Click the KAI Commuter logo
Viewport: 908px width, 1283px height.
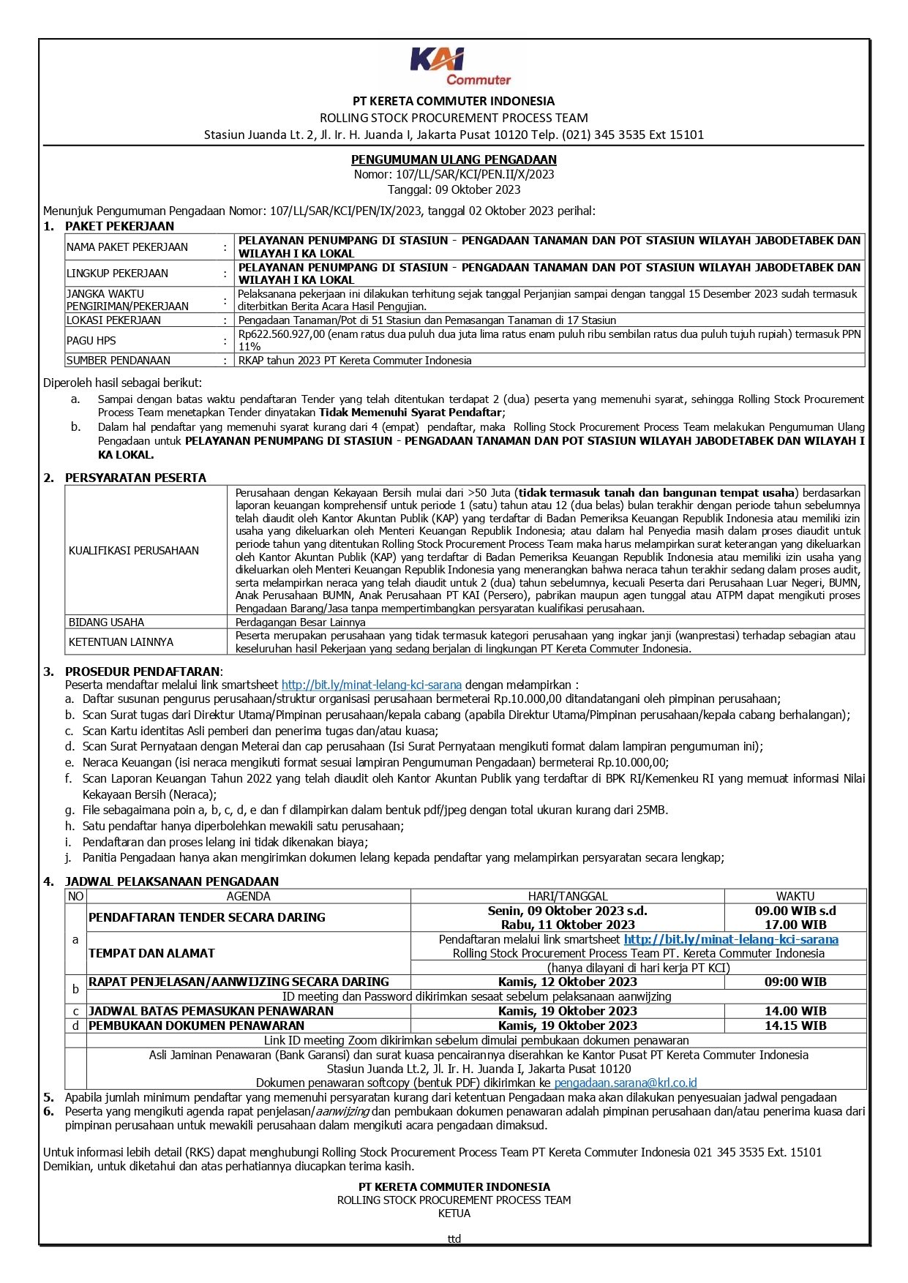[459, 67]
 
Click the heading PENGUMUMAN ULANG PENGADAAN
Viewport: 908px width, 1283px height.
[454, 159]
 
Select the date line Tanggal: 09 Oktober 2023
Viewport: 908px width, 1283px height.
[454, 189]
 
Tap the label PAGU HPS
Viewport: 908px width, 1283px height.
[91, 340]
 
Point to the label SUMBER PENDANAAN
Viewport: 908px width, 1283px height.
[119, 361]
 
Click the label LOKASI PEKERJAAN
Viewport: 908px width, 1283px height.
[113, 320]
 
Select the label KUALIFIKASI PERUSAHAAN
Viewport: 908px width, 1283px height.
[134, 551]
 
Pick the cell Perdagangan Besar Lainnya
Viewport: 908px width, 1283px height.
[300, 622]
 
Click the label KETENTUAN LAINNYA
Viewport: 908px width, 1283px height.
[121, 642]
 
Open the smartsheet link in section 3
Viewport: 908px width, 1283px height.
[372, 685]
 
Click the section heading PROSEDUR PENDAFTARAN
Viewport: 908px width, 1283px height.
[143, 671]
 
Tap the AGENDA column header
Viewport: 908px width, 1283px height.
[248, 896]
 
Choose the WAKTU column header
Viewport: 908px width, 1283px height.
[795, 896]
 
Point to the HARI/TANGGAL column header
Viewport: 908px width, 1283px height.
[568, 896]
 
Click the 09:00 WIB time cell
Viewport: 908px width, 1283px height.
[795, 982]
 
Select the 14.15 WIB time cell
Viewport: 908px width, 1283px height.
[795, 1026]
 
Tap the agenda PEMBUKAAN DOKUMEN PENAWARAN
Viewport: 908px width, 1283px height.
[197, 1026]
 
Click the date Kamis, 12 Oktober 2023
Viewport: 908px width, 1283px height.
[568, 982]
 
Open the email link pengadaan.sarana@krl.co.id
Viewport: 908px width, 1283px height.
[626, 1083]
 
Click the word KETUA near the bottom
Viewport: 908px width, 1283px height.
[454, 1213]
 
